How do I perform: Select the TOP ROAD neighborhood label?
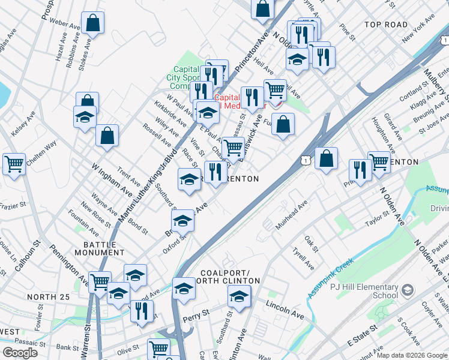coord(385,25)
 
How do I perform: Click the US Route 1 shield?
coord(306,160)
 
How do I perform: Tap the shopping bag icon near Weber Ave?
coord(94,24)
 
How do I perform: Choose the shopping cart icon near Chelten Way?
coord(14,163)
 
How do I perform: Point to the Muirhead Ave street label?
coord(291,215)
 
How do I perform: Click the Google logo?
coord(20,352)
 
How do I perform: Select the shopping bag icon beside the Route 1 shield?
coord(326,159)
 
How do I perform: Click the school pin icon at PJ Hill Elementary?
coord(408,290)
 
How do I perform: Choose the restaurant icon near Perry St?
coord(142,310)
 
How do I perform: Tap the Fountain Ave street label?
coord(83,223)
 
